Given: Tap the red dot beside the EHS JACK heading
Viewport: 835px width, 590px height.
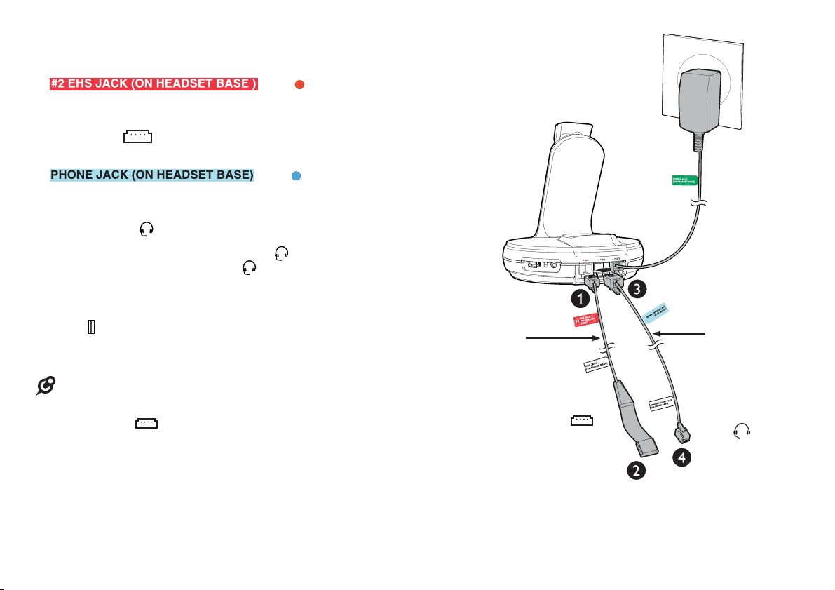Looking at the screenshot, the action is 299,85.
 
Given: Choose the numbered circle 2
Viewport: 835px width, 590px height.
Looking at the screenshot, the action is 636,471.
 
